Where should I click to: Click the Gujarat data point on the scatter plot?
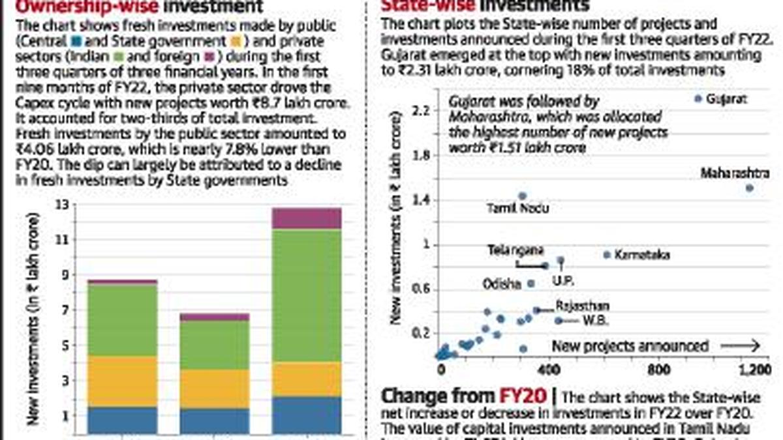pyautogui.click(x=698, y=98)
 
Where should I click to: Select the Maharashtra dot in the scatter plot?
pyautogui.click(x=750, y=188)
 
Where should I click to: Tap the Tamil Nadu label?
pyautogui.click(x=518, y=209)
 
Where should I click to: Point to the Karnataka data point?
pyautogui.click(x=607, y=254)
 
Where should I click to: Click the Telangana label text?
pyautogui.click(x=516, y=250)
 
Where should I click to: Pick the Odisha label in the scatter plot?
pyautogui.click(x=501, y=284)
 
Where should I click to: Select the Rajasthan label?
pyautogui.click(x=582, y=306)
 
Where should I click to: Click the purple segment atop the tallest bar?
pyautogui.click(x=306, y=218)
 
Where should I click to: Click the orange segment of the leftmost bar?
pyautogui.click(x=122, y=381)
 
